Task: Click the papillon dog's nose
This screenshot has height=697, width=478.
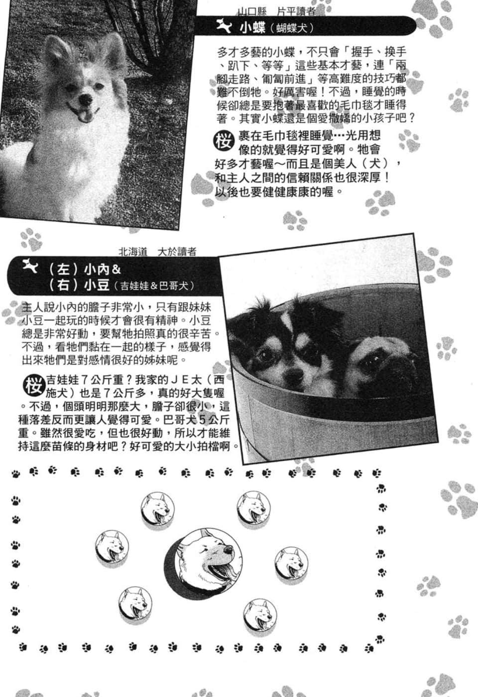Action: coord(85,100)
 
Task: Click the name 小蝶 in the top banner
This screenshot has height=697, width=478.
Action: coord(252,28)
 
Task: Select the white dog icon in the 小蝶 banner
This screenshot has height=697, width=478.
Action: coord(224,26)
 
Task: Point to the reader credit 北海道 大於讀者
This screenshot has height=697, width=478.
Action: coord(157,252)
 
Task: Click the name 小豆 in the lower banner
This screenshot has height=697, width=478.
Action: coord(96,285)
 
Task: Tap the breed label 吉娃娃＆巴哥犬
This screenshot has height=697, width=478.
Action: coord(154,286)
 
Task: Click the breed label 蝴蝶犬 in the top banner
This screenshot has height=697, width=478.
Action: coord(292,29)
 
